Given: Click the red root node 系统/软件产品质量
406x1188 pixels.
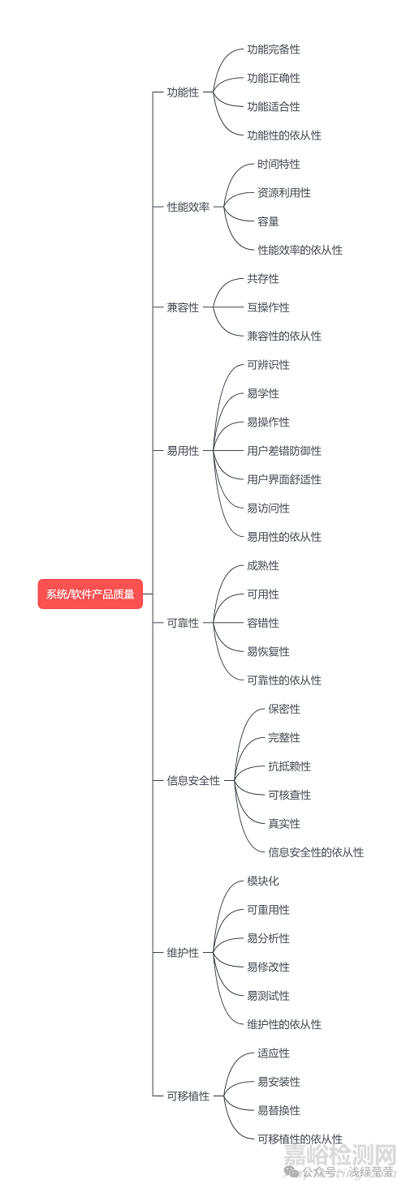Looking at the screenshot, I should click(x=90, y=594).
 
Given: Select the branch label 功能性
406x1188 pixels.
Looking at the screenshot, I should click(x=183, y=92).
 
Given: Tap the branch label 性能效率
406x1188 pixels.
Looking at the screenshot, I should click(x=188, y=207).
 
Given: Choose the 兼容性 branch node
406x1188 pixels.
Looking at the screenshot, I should click(x=183, y=307).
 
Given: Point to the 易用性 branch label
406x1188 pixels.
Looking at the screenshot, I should click(x=183, y=451).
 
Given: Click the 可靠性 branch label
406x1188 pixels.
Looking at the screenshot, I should click(x=183, y=623).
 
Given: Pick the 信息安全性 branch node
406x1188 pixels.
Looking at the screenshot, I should click(x=193, y=781).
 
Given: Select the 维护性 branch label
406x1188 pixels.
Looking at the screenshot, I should click(x=183, y=953).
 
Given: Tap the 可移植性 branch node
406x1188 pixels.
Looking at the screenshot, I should click(x=188, y=1096).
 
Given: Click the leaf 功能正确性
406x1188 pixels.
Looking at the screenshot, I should click(x=274, y=78).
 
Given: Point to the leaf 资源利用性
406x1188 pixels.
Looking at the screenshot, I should click(x=284, y=193).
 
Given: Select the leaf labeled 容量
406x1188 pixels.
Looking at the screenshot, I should click(x=269, y=221).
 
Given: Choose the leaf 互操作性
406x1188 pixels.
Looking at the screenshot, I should click(x=269, y=307).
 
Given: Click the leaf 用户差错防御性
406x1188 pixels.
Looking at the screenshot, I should click(x=284, y=451).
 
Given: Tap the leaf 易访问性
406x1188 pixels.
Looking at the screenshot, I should click(x=269, y=508).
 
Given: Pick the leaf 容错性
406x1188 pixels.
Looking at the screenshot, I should click(x=263, y=623).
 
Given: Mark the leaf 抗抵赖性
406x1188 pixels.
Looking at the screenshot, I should click(x=290, y=766).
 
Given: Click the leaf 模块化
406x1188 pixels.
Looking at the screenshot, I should click(x=263, y=881).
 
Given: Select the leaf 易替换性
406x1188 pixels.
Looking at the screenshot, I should click(x=279, y=1110).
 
